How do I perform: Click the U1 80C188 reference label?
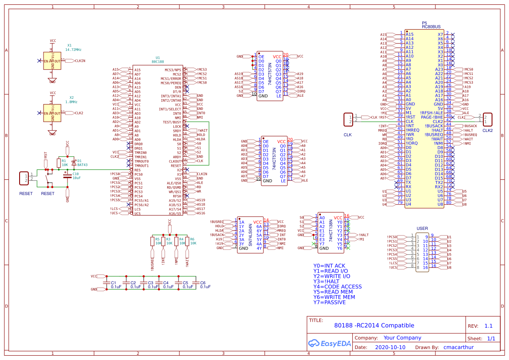click(158, 59)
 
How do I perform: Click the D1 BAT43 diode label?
click(82, 163)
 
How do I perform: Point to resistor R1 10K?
click(59, 163)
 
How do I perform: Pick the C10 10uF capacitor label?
click(76, 175)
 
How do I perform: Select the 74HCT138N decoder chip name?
click(331, 231)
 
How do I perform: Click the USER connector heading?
click(422, 229)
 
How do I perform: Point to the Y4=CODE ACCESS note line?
click(337, 286)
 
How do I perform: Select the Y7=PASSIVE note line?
click(329, 302)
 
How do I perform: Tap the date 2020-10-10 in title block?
click(390, 347)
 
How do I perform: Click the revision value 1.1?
click(488, 326)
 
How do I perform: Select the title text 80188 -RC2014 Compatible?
click(374, 325)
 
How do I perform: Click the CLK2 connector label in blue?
click(487, 130)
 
